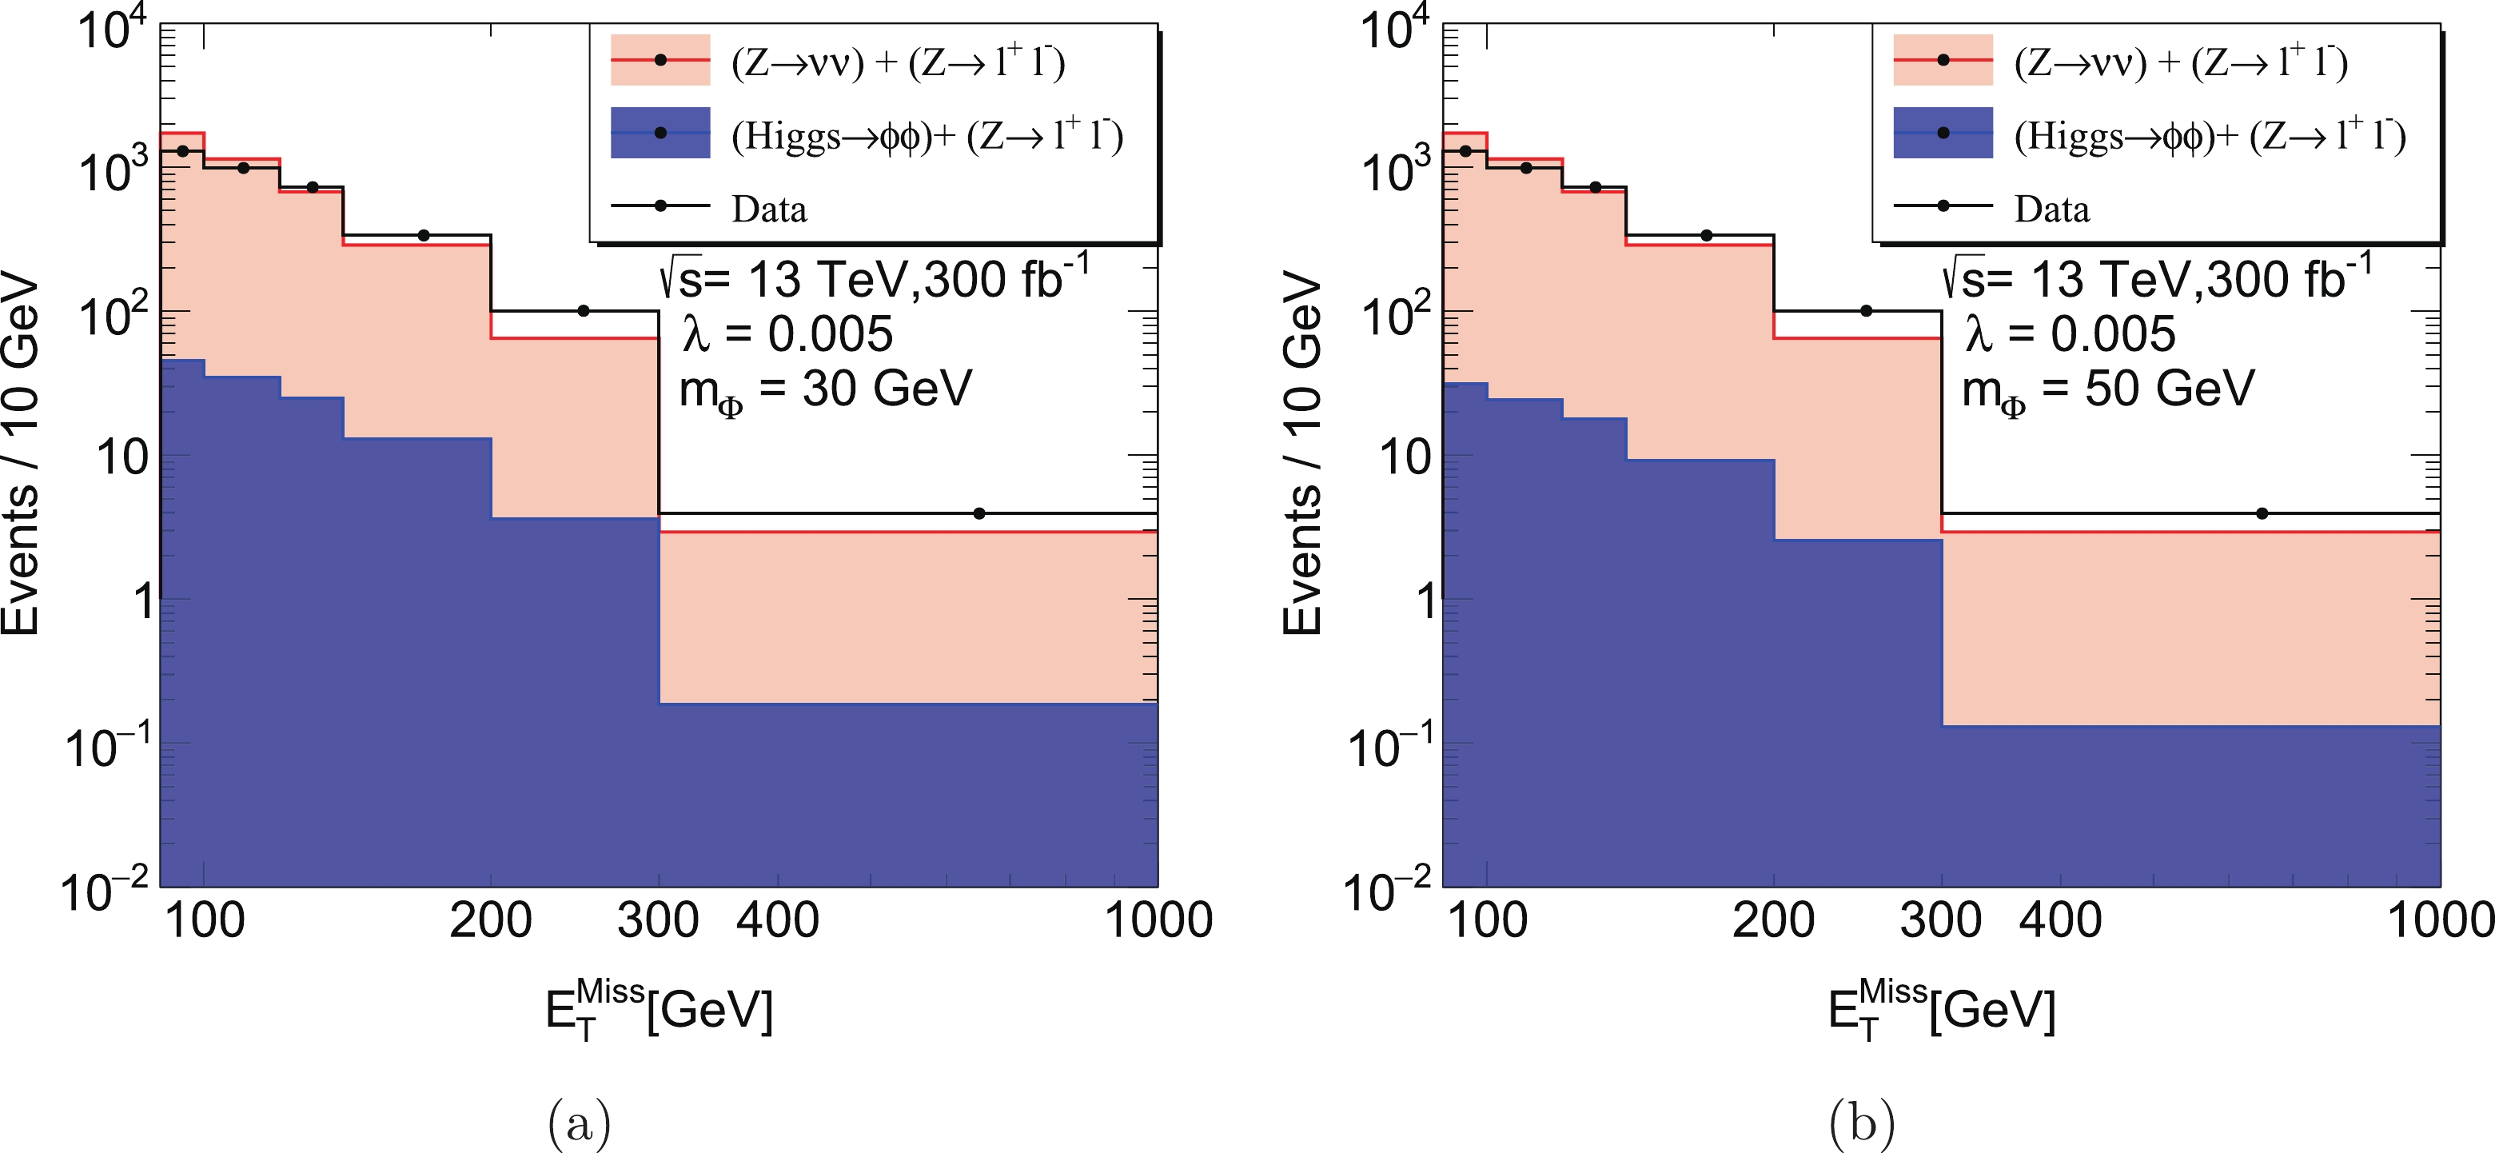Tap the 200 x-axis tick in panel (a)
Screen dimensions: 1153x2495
coord(491,920)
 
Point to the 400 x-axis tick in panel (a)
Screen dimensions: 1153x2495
coord(778,920)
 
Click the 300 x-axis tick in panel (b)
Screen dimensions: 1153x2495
coord(1941,920)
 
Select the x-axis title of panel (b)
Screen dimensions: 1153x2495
coord(1941,1011)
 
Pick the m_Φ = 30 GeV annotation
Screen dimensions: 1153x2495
coord(825,390)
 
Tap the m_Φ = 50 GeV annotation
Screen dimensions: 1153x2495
coord(2107,390)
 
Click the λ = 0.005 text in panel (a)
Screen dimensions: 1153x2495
coord(787,335)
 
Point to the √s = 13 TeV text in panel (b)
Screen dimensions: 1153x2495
coord(2156,279)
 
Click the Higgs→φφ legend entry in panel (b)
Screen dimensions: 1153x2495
coord(2210,136)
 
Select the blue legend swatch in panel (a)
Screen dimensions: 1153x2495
coord(660,133)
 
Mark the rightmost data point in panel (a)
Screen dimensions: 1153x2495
coord(979,513)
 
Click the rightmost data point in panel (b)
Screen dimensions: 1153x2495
coord(2262,513)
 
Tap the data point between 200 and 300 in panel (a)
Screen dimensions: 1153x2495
coord(583,311)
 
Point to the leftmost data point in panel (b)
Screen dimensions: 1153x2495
coord(1465,151)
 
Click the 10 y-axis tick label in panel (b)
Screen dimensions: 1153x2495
coord(1404,457)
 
